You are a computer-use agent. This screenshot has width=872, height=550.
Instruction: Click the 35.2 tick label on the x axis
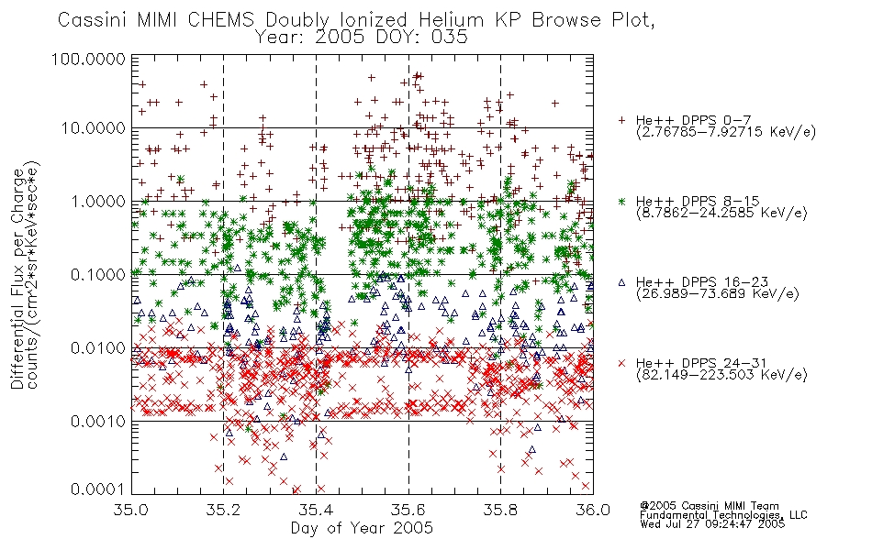pyautogui.click(x=223, y=510)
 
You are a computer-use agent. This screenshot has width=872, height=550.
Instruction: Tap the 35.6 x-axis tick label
pyautogui.click(x=408, y=510)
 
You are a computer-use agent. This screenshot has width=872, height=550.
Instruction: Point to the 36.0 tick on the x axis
pyautogui.click(x=593, y=510)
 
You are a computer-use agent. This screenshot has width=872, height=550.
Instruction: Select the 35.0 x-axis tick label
pyautogui.click(x=131, y=510)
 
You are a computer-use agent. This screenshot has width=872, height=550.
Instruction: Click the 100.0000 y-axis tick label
pyautogui.click(x=88, y=59)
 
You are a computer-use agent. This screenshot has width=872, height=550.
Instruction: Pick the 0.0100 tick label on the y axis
pyautogui.click(x=98, y=348)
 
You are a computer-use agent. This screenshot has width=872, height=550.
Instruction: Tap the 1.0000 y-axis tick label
pyautogui.click(x=98, y=201)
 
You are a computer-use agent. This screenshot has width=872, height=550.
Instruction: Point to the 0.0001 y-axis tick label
pyautogui.click(x=98, y=489)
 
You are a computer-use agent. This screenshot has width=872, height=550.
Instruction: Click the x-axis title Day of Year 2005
pyautogui.click(x=362, y=528)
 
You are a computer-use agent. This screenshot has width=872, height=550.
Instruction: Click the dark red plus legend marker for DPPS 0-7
pyautogui.click(x=621, y=120)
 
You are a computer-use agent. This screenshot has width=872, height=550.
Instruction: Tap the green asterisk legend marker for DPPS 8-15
pyautogui.click(x=621, y=202)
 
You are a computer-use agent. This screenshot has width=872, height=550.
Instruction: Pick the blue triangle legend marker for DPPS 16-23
pyautogui.click(x=621, y=282)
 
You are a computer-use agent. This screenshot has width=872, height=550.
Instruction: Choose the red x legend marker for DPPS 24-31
pyautogui.click(x=621, y=363)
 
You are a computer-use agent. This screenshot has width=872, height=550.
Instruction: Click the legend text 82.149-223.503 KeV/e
pyautogui.click(x=721, y=375)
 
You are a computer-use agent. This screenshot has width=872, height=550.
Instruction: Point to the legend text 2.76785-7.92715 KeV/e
pyautogui.click(x=726, y=132)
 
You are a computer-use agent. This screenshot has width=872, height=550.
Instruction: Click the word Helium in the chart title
pyautogui.click(x=451, y=20)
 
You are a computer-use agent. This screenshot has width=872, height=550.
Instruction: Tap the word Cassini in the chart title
pyautogui.click(x=94, y=20)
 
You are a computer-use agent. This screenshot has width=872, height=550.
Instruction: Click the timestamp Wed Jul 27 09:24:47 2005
pyautogui.click(x=712, y=524)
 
